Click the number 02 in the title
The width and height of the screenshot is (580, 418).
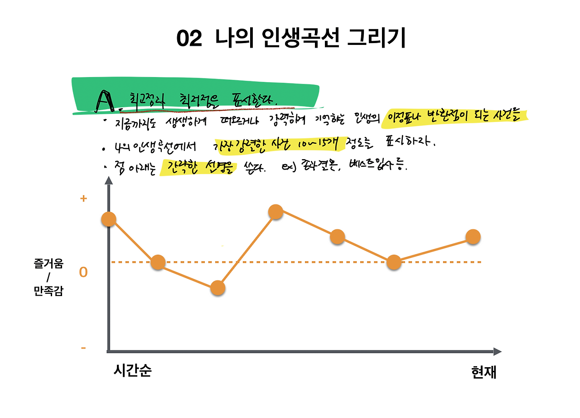tap(188, 39)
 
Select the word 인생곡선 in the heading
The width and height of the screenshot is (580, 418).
tap(301, 39)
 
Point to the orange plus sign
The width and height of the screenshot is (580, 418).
tap(83, 199)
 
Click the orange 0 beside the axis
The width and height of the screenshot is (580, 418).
tap(83, 272)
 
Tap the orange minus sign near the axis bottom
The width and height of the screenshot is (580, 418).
tap(83, 348)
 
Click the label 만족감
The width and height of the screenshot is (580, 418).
tap(48, 291)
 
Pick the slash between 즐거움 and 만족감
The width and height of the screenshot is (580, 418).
tap(48, 277)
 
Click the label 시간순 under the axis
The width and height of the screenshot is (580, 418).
tap(132, 371)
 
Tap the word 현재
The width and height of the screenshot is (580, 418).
tap(483, 372)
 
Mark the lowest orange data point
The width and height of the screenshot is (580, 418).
tap(218, 288)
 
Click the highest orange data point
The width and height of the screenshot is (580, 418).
tap(275, 211)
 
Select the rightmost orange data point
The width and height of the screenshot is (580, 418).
tap(473, 237)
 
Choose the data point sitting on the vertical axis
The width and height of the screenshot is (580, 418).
tap(109, 219)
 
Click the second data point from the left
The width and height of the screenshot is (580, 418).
tap(158, 262)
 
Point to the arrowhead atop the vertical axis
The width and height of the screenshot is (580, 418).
tap(108, 180)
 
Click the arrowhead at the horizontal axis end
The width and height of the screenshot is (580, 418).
tap(498, 351)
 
